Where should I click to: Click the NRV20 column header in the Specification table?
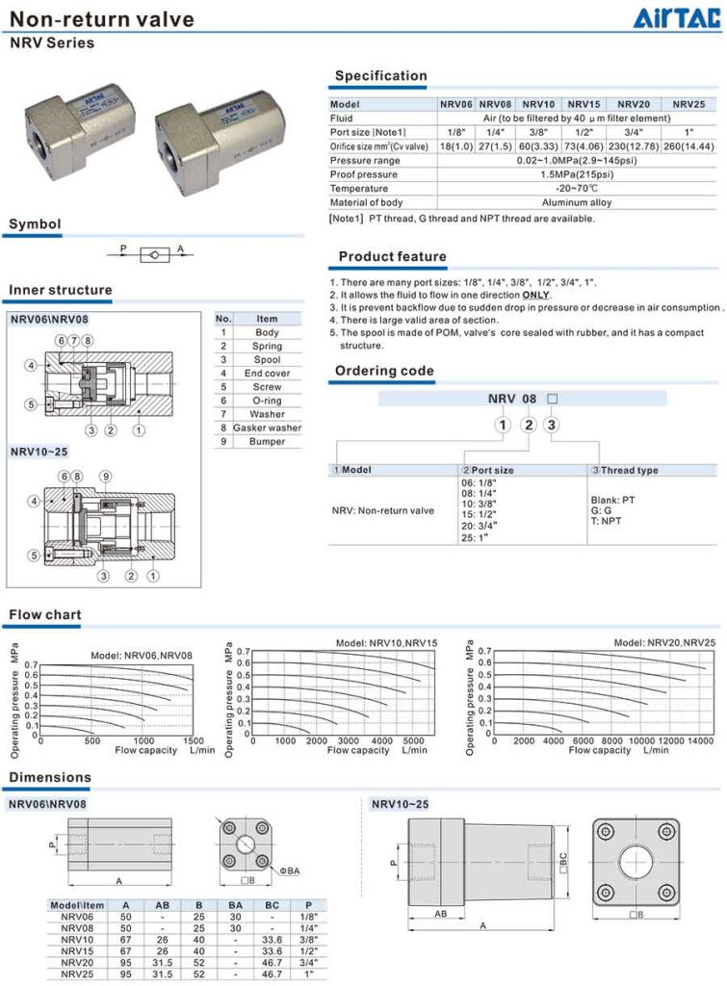634,104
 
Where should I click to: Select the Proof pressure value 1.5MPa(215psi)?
576,174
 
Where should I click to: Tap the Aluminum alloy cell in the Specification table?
576,202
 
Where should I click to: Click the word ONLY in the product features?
535,295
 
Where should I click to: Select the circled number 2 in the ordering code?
528,425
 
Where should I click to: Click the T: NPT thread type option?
609,521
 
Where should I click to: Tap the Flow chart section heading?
45,614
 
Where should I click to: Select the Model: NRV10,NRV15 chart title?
386,642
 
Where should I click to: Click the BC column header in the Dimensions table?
271,904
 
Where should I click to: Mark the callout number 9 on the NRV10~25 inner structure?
105,476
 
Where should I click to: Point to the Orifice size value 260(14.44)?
688,145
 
